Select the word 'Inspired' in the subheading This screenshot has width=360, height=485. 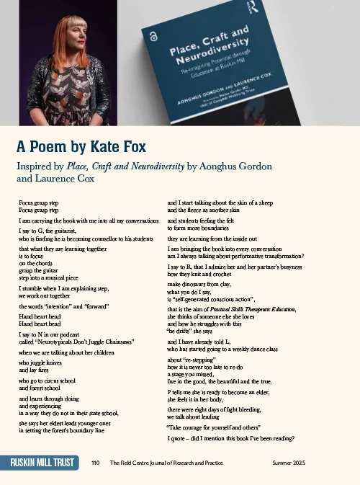point(36,167)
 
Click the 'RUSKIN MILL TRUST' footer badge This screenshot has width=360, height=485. point(41,462)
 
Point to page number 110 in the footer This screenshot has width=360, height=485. point(95,462)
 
